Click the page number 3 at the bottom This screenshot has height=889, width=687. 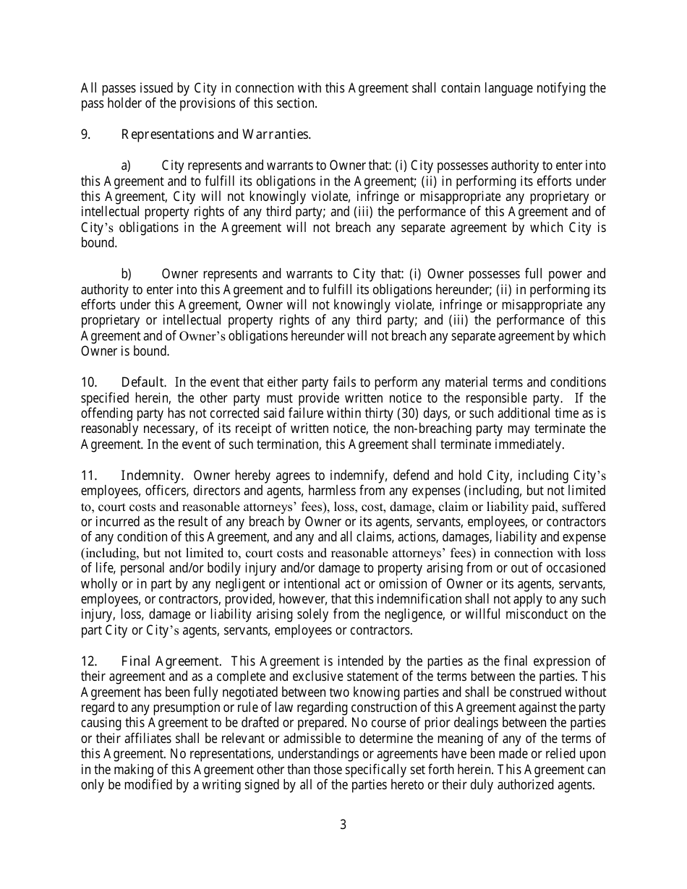pos(343,825)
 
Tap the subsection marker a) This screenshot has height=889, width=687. pos(126,166)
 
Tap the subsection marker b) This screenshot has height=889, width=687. pos(126,274)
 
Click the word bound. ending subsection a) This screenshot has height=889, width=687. pos(98,243)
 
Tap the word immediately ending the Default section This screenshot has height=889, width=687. pos(534,444)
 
